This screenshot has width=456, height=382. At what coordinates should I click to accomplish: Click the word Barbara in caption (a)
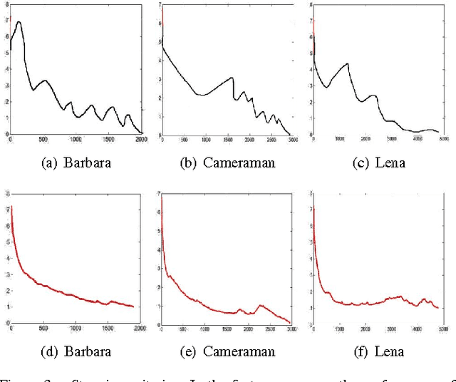click(87, 162)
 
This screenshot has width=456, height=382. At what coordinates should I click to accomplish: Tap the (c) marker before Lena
click(363, 162)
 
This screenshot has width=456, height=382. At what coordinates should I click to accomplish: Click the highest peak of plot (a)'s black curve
click(19, 22)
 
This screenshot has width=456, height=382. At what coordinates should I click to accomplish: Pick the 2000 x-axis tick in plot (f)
click(365, 329)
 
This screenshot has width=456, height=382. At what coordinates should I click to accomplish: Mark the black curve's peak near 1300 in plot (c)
click(347, 63)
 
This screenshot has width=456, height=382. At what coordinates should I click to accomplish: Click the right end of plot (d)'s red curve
click(133, 306)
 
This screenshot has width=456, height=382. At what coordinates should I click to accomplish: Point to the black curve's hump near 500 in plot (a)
click(44, 81)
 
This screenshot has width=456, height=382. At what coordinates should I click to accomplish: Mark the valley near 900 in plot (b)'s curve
click(202, 95)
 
